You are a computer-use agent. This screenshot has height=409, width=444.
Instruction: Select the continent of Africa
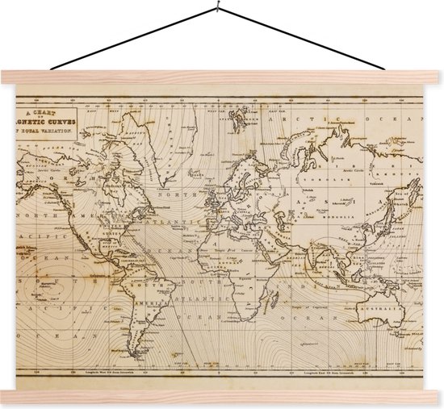(234, 258)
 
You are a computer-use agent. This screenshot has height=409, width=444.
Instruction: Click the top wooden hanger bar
(222, 78)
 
